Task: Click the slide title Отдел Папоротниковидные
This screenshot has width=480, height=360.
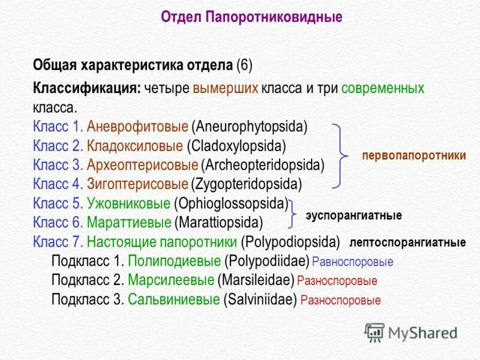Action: point(251,17)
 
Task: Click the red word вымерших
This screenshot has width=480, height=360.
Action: point(226,89)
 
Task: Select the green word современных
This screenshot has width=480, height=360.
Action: point(383,89)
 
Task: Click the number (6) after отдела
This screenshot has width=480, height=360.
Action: point(244,64)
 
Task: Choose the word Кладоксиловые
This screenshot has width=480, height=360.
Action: point(135,146)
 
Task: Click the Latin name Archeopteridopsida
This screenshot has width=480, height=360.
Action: point(263,164)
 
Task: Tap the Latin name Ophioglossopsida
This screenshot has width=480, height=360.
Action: point(231,203)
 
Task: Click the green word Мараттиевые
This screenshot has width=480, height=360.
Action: point(129,223)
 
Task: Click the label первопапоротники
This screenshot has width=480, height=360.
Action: point(414,155)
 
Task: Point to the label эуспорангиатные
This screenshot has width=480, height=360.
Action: point(354,215)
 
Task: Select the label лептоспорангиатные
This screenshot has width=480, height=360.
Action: point(408,243)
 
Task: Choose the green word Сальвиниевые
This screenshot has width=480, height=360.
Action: point(173,299)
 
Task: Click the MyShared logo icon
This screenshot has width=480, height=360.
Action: point(374,332)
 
